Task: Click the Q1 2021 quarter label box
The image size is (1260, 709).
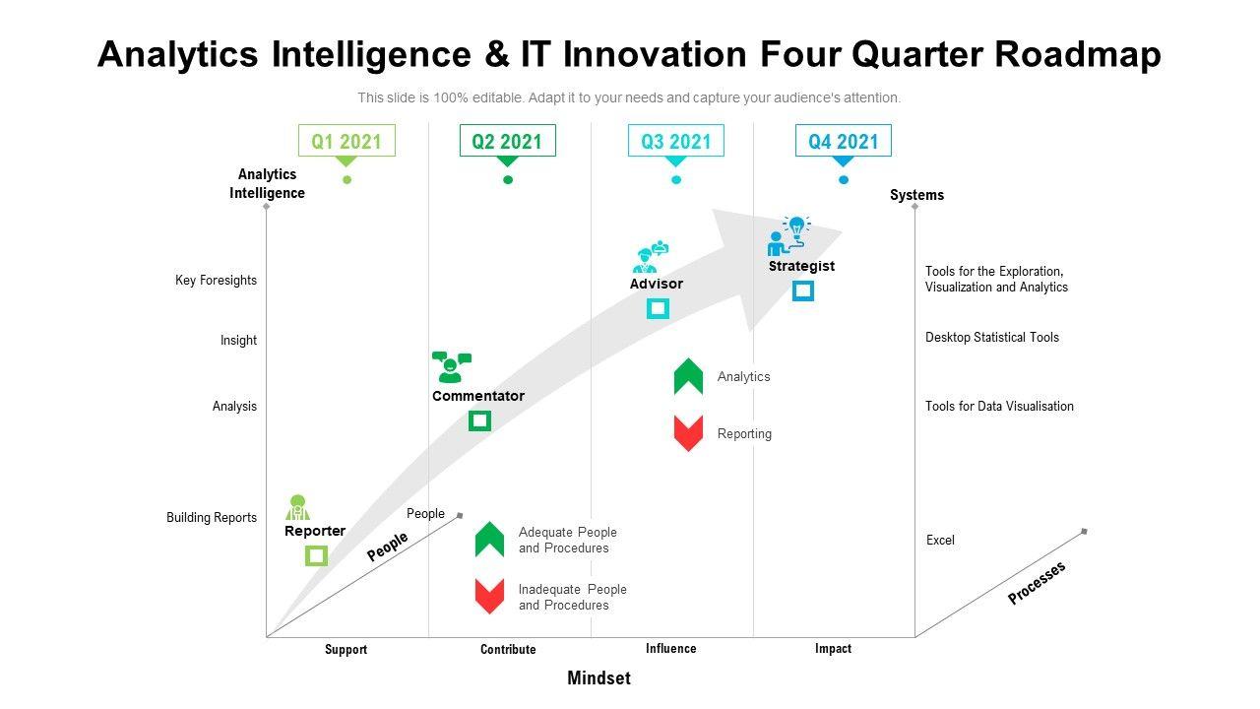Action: point(346,141)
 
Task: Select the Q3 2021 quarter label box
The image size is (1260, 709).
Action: point(675,141)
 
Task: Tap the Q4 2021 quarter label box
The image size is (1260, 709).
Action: point(843,141)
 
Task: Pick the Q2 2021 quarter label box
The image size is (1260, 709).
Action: point(507,141)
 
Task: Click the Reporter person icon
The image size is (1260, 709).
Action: point(297,507)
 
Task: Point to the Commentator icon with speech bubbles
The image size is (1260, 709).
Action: point(451,366)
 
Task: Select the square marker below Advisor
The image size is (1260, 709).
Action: point(658,308)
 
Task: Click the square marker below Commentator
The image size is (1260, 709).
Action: point(479,420)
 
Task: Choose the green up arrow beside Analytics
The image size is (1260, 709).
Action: point(688,376)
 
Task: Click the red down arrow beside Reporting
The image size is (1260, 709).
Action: point(688,433)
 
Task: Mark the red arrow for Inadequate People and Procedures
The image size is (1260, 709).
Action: point(489,596)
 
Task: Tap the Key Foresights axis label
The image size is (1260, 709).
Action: point(216,281)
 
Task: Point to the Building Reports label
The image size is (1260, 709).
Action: point(212,518)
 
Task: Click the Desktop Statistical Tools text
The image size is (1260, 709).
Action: point(992,338)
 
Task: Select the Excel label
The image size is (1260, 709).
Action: point(940,541)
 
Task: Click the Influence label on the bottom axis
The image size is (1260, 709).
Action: point(670,649)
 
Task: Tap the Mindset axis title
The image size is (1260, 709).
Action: point(598,677)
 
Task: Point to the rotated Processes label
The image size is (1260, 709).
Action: point(1037,583)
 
